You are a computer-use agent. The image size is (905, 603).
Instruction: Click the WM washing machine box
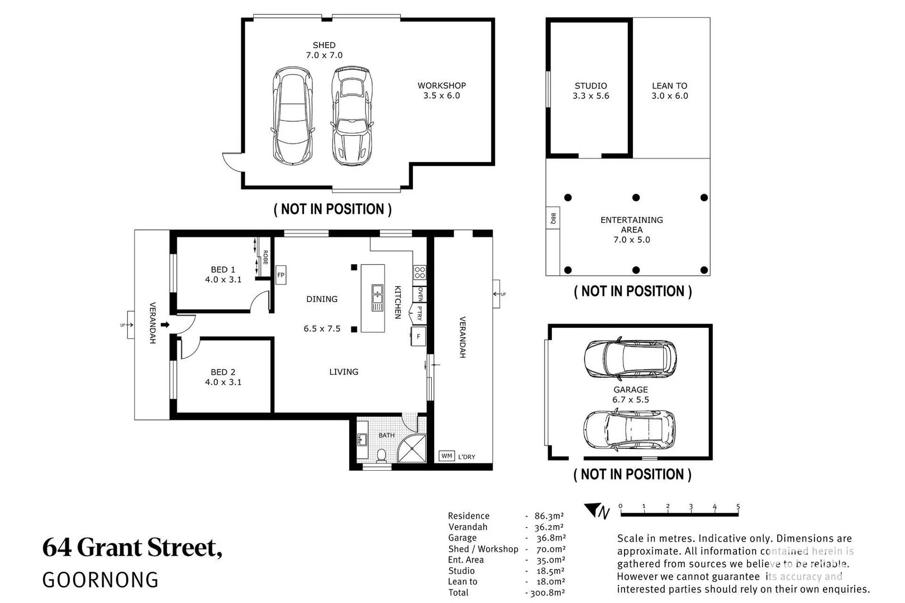point(446,456)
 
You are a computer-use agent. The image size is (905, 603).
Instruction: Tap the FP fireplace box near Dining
point(281,275)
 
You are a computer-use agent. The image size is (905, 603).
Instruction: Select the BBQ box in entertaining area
point(553,218)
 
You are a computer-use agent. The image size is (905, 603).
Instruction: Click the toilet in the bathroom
point(382,456)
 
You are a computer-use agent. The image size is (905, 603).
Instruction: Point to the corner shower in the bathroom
point(413,448)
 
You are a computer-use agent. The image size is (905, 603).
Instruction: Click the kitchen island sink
point(378,298)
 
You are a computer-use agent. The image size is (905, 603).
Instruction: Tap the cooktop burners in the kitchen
point(420,273)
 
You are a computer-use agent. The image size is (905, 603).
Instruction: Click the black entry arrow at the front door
point(165,324)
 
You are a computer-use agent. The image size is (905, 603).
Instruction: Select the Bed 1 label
point(223,270)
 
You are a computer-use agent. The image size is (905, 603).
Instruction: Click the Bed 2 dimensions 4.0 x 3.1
point(223,382)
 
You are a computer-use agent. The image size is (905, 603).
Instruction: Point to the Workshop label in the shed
point(441,85)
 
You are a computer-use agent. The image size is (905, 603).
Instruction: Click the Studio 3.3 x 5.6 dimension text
point(590,96)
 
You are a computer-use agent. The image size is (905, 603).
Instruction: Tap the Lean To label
point(669,86)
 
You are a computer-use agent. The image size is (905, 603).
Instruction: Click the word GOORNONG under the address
point(101,580)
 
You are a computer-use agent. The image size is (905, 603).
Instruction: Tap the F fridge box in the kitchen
point(418,337)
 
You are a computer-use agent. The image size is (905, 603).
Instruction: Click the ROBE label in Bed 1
point(265,257)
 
